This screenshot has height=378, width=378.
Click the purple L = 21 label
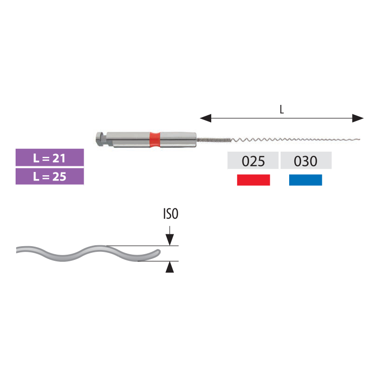pos(50,157)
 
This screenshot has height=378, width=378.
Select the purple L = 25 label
pos(50,176)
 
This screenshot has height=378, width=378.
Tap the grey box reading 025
pos(253,161)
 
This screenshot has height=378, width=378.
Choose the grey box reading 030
pos(306,161)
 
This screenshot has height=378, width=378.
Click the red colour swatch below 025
pos(253,180)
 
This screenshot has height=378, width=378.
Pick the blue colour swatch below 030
pos(306,180)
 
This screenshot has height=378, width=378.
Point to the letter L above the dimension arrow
pos(282,110)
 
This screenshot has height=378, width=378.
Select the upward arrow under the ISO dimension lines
pos(170,267)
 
